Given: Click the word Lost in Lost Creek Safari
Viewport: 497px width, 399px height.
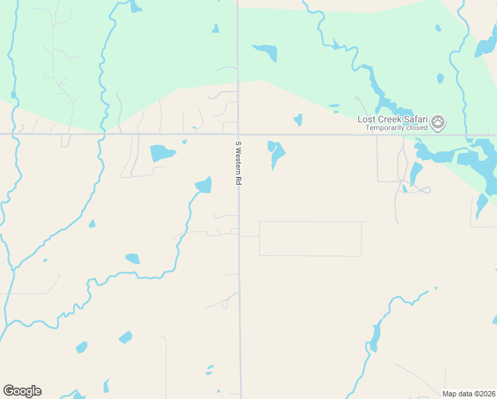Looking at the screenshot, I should [367, 119].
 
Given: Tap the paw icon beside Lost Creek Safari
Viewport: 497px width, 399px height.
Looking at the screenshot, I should [438, 122].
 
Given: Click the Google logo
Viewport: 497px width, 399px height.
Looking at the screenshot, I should [22, 390].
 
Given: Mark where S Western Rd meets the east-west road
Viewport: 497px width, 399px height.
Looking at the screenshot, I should [239, 134].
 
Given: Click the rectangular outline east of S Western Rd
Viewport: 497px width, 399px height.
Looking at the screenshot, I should [310, 239].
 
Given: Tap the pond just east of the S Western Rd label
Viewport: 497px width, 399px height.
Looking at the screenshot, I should [276, 154].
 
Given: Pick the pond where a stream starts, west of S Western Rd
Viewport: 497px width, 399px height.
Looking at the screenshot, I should [204, 185].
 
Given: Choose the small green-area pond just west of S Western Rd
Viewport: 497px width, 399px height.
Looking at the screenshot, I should [215, 29].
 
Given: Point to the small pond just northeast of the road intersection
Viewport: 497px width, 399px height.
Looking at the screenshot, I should [298, 120].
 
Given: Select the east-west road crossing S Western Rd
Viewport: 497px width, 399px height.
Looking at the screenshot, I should [133, 134].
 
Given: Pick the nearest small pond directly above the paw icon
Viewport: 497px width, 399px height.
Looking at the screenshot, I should [441, 78].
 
